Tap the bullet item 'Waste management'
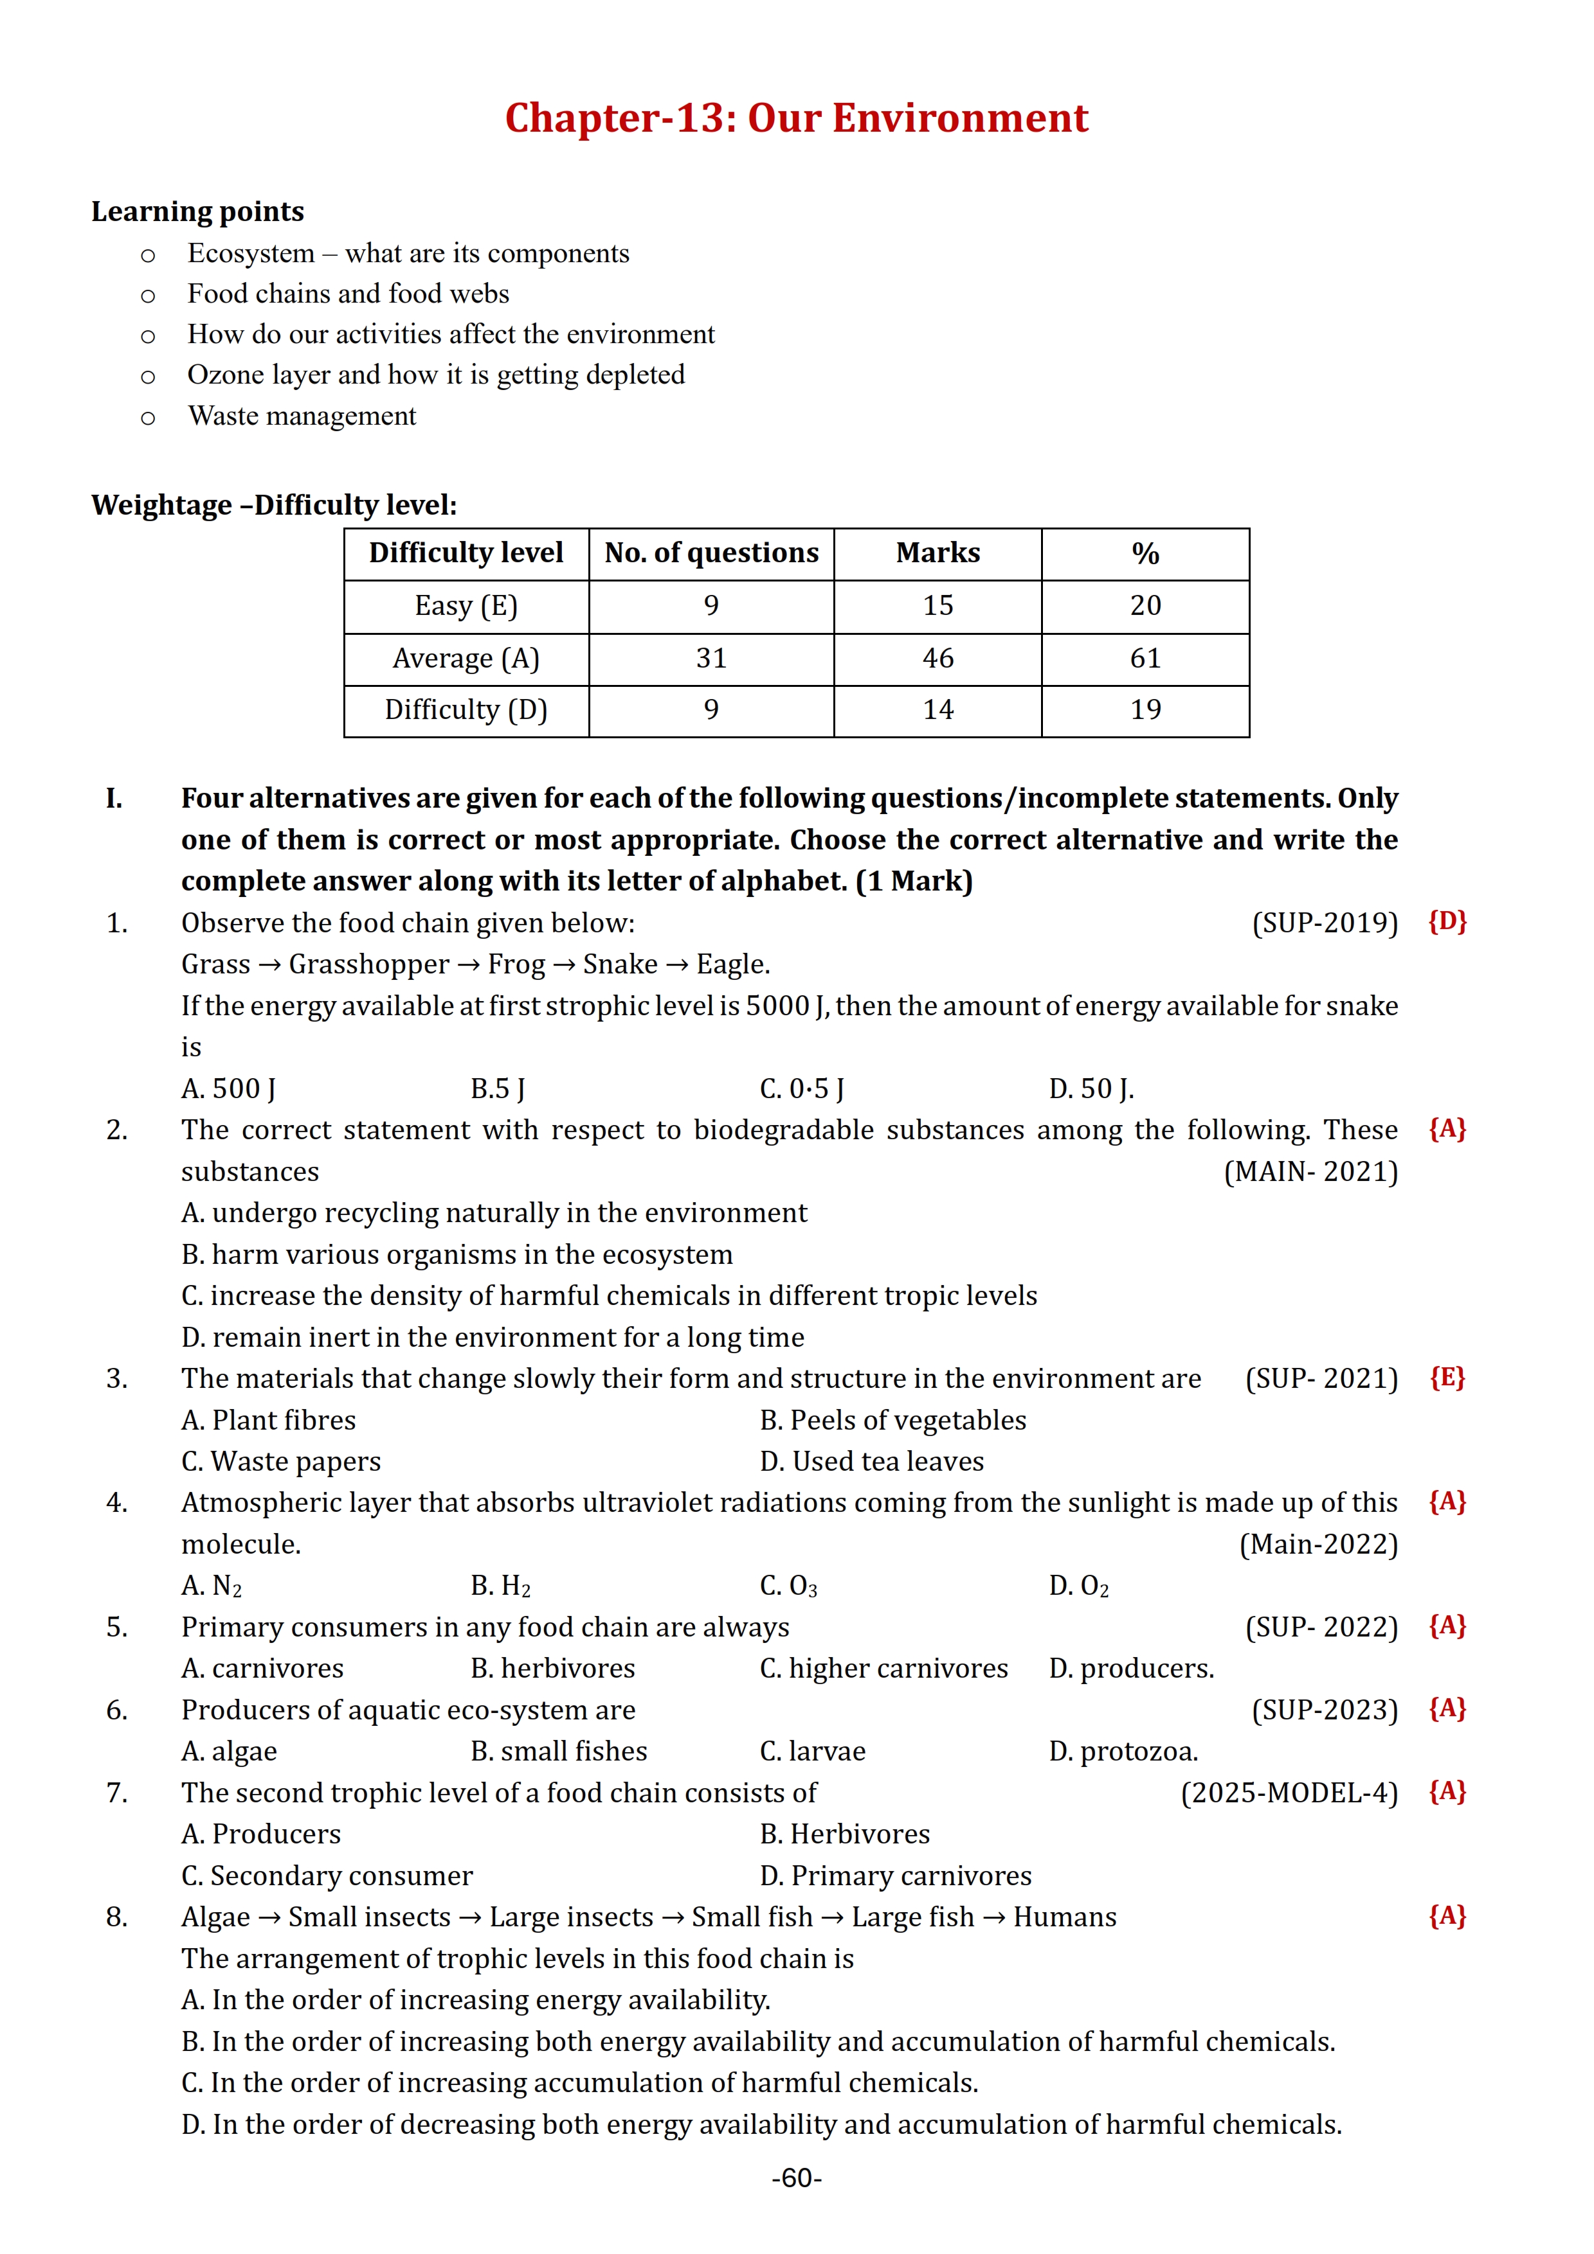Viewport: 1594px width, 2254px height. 302,416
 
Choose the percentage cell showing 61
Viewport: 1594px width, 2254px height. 1145,658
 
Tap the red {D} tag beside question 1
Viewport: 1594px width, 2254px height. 1447,922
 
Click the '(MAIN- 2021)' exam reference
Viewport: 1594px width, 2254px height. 1310,1172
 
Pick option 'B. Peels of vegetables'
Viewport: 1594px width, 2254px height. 892,1421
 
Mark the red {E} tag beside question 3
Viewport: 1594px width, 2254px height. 1447,1378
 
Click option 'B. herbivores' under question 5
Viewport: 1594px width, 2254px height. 553,1669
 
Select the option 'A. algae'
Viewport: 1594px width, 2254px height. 229,1752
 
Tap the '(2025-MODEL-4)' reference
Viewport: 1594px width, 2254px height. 1289,1793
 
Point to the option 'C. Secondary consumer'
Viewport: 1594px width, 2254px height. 327,1876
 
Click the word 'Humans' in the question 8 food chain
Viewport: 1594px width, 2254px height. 1065,1917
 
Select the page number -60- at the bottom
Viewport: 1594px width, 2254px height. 797,2178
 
